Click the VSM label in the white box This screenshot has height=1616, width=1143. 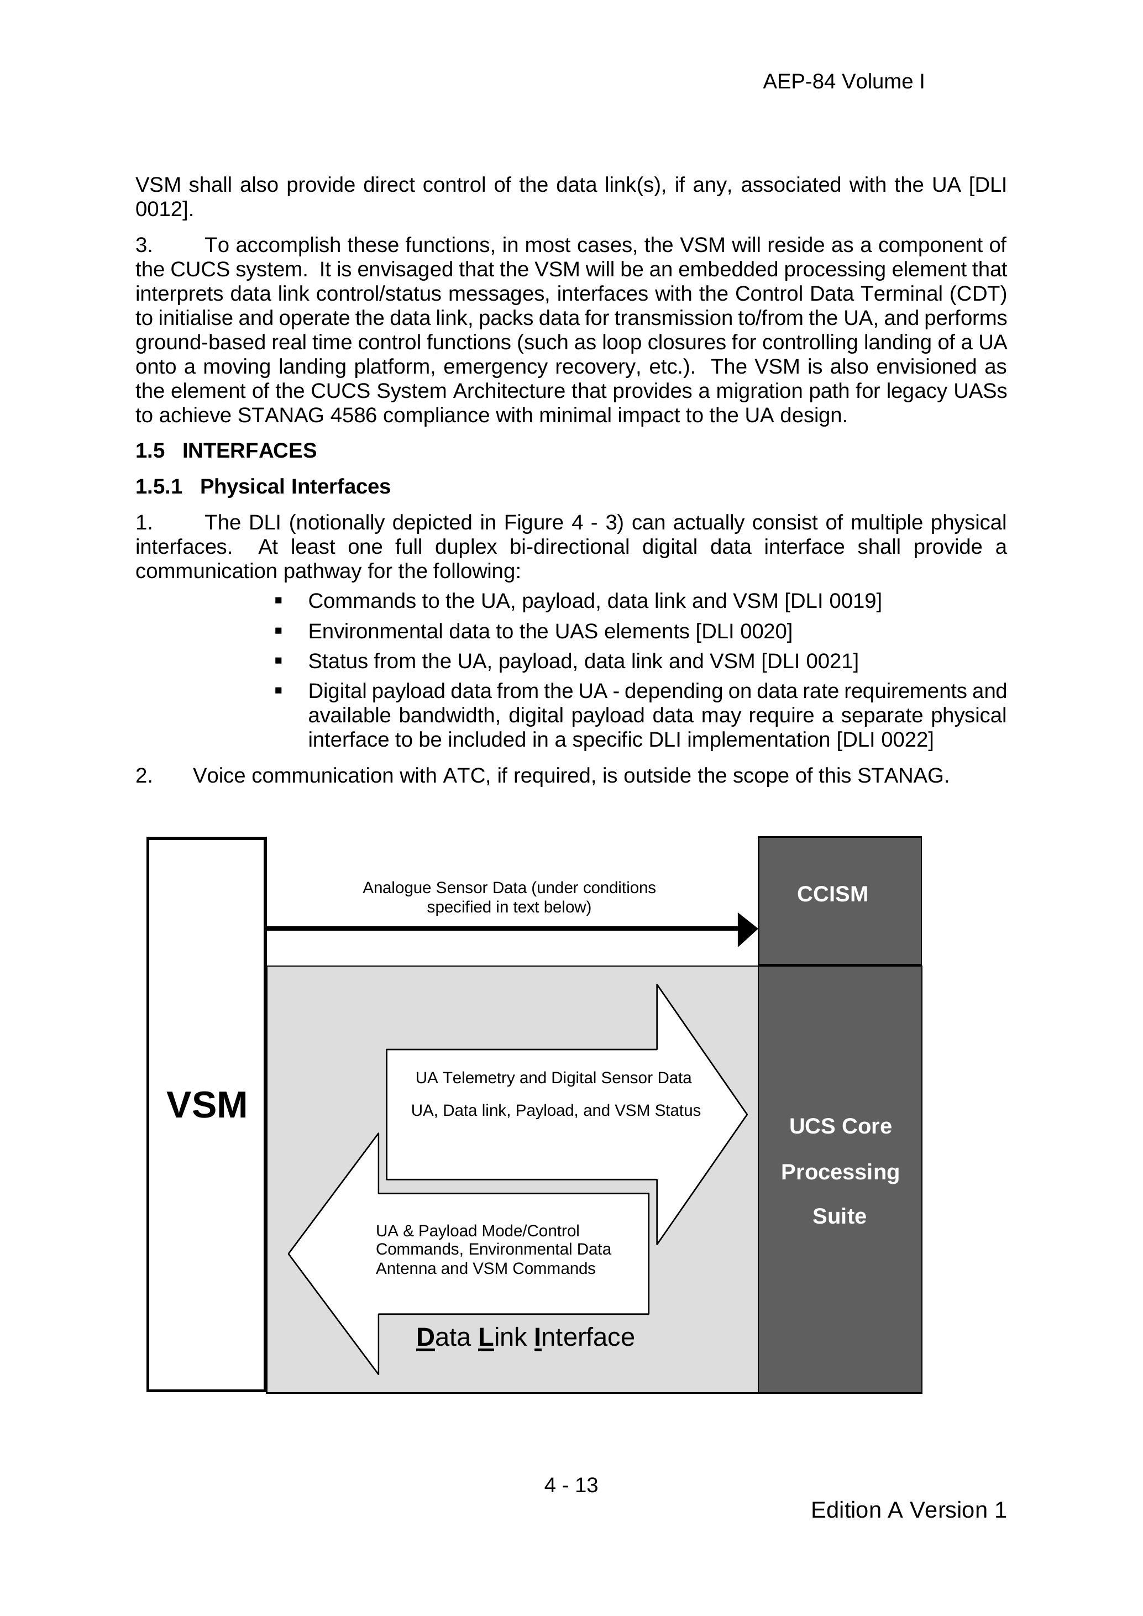pyautogui.click(x=207, y=1104)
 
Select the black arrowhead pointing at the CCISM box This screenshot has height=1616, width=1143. pyautogui.click(x=747, y=929)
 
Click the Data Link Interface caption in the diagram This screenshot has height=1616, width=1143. pyautogui.click(x=525, y=1337)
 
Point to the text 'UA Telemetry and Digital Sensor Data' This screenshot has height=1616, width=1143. pyautogui.click(x=553, y=1078)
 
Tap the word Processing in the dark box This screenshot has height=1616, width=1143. pyautogui.click(x=840, y=1172)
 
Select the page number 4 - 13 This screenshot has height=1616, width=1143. pyautogui.click(x=571, y=1485)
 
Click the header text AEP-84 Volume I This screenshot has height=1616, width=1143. pyautogui.click(x=843, y=82)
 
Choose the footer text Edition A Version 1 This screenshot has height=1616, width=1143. pyautogui.click(x=908, y=1510)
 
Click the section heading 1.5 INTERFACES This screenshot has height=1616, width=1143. pyautogui.click(x=226, y=450)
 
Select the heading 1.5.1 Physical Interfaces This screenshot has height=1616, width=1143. pyautogui.click(x=263, y=486)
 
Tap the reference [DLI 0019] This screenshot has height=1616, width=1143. pyautogui.click(x=832, y=601)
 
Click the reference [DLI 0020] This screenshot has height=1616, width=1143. pyautogui.click(x=743, y=631)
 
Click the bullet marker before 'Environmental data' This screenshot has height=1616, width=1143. pyautogui.click(x=279, y=631)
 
